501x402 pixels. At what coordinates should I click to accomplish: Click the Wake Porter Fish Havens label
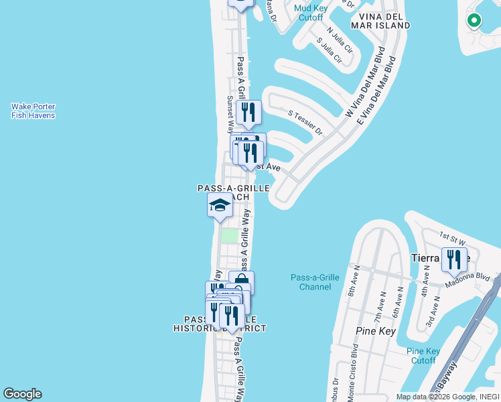pos(33,111)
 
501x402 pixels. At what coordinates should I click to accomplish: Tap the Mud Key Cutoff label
pos(310,13)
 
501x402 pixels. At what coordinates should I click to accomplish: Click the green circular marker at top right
pos(474,21)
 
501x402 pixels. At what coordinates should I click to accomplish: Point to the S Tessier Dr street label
pos(305,123)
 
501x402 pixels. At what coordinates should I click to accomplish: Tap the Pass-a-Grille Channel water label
pos(311,282)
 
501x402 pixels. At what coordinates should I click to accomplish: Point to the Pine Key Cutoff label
pos(423,356)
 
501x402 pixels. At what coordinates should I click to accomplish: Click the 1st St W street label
pos(453,236)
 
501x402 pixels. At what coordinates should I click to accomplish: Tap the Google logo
pos(22,394)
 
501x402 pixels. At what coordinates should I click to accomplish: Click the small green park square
pos(230,236)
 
